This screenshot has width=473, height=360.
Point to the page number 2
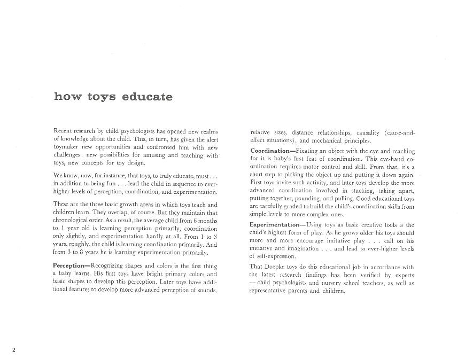14,350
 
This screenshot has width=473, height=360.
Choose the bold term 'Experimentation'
275,225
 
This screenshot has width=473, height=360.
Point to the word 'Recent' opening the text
64,131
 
